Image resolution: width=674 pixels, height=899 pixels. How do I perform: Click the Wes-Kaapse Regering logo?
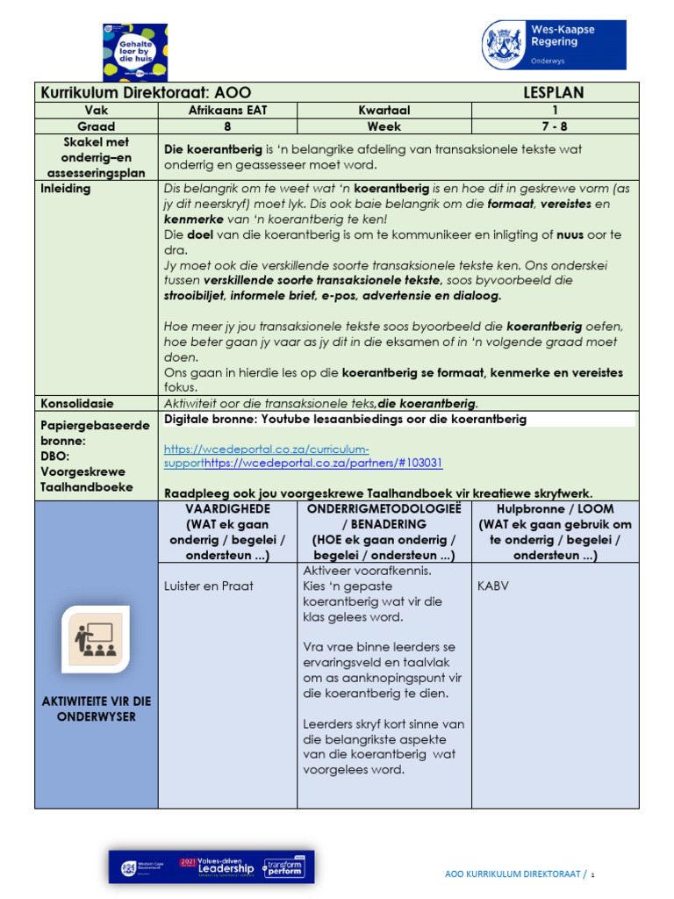pyautogui.click(x=554, y=45)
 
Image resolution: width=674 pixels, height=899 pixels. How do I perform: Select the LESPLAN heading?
pyautogui.click(x=553, y=93)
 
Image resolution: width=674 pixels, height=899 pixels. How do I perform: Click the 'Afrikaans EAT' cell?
pyautogui.click(x=227, y=111)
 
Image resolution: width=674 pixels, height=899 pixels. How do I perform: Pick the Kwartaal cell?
pyautogui.click(x=384, y=111)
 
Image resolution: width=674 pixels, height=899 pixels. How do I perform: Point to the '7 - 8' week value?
pyautogui.click(x=555, y=126)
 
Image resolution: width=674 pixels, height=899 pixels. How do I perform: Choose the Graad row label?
pyautogui.click(x=97, y=126)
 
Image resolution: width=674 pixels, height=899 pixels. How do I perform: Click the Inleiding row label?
pyautogui.click(x=66, y=189)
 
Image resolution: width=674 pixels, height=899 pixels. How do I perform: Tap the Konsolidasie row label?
pyautogui.click(x=77, y=404)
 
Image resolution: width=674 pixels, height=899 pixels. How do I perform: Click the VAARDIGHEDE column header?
pyautogui.click(x=228, y=509)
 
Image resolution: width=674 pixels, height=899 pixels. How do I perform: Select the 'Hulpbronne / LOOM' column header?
pyautogui.click(x=555, y=509)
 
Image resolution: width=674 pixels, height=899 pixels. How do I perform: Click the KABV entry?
pyautogui.click(x=494, y=586)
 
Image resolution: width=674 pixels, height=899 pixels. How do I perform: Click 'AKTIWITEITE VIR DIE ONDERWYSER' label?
pyautogui.click(x=97, y=708)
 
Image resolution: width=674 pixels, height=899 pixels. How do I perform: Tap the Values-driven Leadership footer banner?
pyautogui.click(x=211, y=867)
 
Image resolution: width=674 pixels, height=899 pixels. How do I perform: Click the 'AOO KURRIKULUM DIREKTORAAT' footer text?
pyautogui.click(x=514, y=874)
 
